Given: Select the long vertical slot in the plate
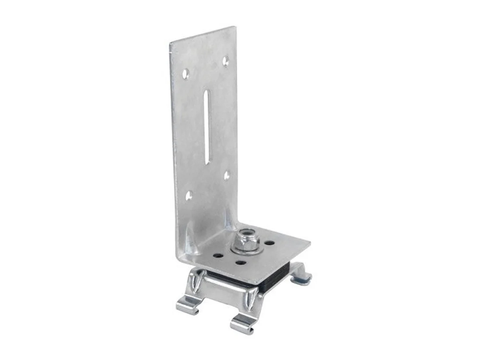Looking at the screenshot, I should (x=206, y=126).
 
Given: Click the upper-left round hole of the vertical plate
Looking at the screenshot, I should (x=186, y=74).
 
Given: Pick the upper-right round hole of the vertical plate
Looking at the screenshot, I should (x=226, y=61).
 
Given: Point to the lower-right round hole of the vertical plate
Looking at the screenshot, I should (x=227, y=175).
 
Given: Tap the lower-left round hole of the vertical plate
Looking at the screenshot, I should (x=188, y=195).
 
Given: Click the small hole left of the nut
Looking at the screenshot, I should (x=219, y=255).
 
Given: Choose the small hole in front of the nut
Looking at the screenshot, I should (x=241, y=263).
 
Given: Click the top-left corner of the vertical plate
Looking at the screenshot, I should (x=170, y=43).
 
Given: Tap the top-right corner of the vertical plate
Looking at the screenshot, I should (x=235, y=27).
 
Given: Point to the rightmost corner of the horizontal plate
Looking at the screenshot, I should (x=310, y=243).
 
